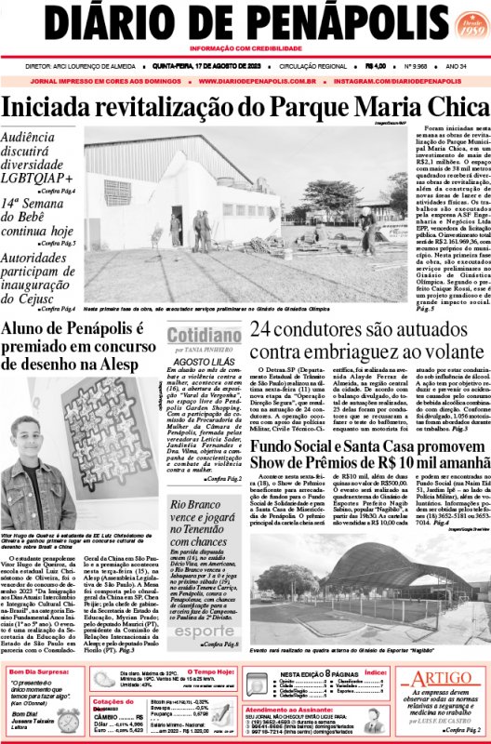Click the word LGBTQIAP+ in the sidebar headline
[x=38, y=176]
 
